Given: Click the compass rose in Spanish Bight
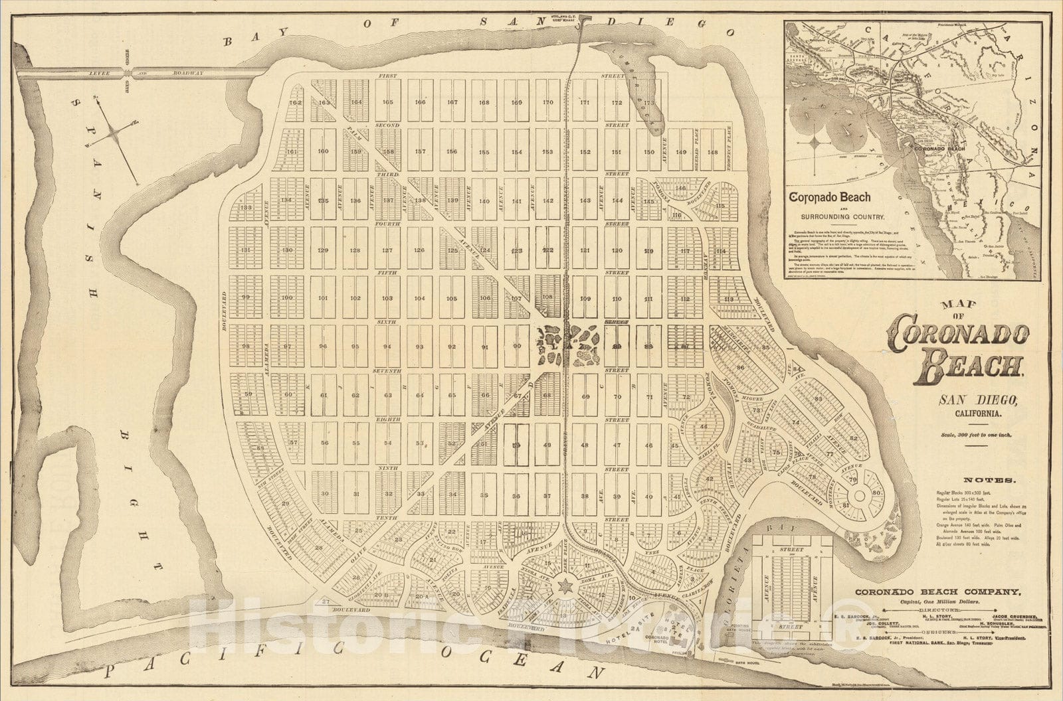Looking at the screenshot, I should [115, 133].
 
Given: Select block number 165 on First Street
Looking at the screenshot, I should [388, 102].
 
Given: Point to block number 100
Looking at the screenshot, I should [286, 298].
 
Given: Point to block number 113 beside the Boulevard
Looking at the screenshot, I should [729, 299].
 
